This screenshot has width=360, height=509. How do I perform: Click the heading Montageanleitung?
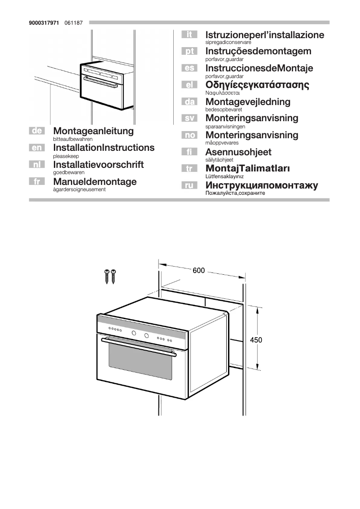(x=93, y=131)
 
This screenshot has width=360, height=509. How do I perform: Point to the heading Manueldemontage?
(x=95, y=182)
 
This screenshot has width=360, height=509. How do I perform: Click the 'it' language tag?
(x=189, y=35)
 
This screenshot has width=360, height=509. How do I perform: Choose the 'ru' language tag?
(x=189, y=185)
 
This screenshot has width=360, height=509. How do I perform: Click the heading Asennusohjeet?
(x=238, y=152)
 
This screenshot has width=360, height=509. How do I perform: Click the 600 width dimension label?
(x=199, y=271)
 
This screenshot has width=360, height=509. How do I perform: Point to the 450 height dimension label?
(x=256, y=340)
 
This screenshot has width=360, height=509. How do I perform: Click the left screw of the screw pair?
(x=107, y=276)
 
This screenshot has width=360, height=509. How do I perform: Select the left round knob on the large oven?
(x=134, y=333)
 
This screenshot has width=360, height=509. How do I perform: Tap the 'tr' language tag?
(x=189, y=168)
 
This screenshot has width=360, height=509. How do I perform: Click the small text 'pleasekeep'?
(x=66, y=156)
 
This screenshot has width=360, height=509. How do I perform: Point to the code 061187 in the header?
(x=74, y=22)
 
